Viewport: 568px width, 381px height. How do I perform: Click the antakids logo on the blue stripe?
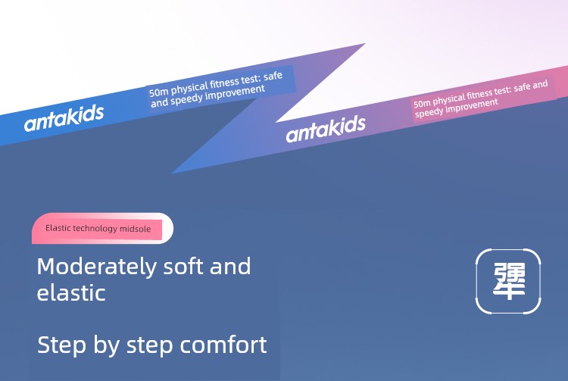(64, 117)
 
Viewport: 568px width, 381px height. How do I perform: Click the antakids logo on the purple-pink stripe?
(326, 129)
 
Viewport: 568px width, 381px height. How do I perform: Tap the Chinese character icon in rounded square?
(508, 281)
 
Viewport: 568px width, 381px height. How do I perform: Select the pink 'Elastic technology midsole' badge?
(102, 228)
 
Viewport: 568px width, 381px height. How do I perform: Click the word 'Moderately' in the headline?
(97, 267)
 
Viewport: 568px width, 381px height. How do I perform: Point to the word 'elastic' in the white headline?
(71, 292)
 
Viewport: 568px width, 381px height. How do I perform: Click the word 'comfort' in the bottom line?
(223, 345)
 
